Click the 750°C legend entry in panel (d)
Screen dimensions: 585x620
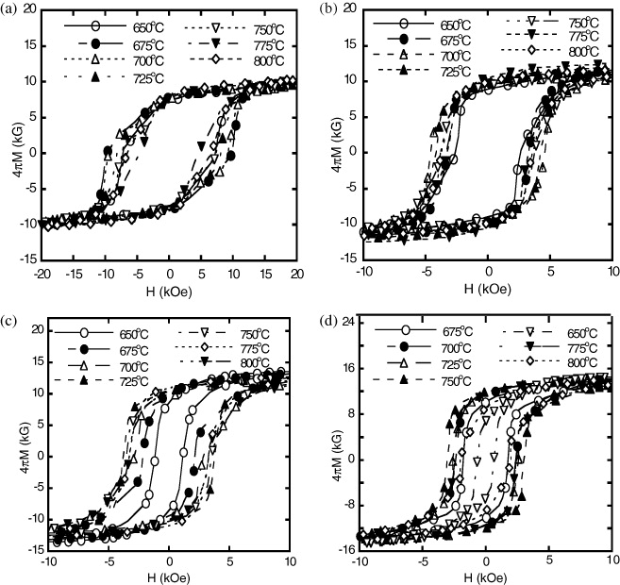437,380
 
